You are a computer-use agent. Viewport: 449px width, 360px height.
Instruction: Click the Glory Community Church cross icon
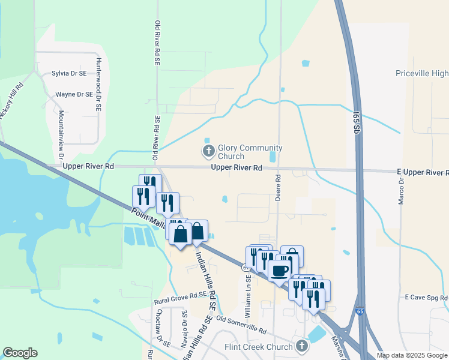pos(208,151)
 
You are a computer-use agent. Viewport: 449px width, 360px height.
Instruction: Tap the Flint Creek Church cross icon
pos(301,346)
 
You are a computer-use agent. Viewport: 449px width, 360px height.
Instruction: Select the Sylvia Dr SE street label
pos(69,73)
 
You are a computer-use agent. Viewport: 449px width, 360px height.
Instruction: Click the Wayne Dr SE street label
pos(74,94)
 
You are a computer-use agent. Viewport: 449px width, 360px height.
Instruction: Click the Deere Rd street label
pos(279,187)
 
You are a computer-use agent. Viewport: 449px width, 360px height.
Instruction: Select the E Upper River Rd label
pos(423,172)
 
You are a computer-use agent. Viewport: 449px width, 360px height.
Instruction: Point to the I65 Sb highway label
pos(356,123)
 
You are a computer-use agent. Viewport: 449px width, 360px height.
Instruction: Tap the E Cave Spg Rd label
pos(426,297)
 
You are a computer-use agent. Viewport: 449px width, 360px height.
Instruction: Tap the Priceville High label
pos(421,74)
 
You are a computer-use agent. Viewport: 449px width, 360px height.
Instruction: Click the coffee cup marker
pos(279,271)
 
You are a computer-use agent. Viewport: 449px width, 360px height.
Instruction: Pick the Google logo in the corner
pos(20,353)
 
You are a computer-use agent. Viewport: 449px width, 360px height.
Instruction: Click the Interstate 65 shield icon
pos(359,312)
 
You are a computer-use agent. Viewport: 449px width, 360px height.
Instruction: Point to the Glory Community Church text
pos(250,152)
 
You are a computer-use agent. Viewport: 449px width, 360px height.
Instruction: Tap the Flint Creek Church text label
pos(258,347)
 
